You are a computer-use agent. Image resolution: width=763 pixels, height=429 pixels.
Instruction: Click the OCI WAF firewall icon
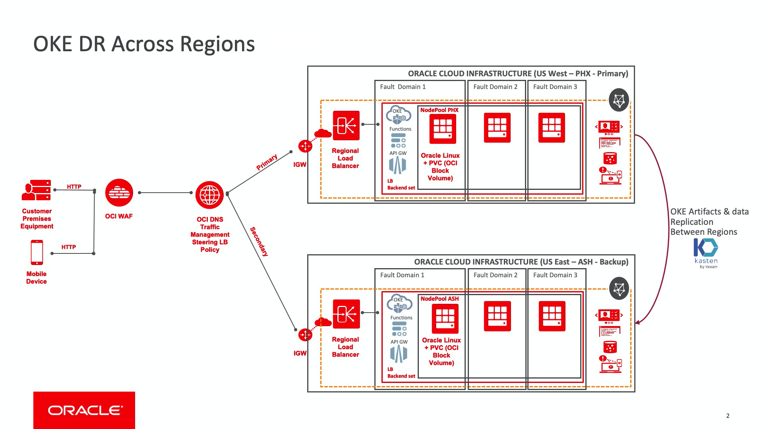coord(119,193)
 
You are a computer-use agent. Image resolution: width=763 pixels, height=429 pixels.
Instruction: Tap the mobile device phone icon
coord(37,252)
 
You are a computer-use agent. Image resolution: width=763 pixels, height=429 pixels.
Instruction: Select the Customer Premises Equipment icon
coord(37,190)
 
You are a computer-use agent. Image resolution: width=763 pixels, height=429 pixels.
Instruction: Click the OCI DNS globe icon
coord(209,195)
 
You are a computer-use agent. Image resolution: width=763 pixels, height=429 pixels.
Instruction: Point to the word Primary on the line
coord(267,162)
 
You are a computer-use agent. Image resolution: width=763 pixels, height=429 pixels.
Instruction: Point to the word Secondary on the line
coord(259,242)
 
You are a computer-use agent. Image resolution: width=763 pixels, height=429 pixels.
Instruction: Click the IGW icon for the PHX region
coord(305,146)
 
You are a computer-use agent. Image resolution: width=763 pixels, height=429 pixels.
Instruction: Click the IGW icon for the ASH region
coord(305,335)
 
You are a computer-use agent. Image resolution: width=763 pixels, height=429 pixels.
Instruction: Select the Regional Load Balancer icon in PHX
coord(346,126)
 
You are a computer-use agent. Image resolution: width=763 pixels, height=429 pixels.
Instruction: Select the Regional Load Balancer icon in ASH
coord(346,314)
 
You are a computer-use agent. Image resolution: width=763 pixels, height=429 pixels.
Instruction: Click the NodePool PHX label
coord(439,110)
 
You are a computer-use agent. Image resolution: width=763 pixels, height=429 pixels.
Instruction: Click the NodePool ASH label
coord(440,299)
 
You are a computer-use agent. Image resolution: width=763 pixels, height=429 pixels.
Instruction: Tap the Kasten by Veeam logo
coord(706,253)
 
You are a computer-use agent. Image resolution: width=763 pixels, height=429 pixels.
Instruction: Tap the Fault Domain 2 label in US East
coord(495,275)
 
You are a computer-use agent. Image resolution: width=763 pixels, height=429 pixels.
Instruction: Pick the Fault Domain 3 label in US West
coord(555,87)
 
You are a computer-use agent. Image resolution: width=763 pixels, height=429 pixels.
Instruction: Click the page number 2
coord(728,416)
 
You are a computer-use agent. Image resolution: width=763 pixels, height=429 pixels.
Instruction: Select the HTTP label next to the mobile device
coord(68,247)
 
